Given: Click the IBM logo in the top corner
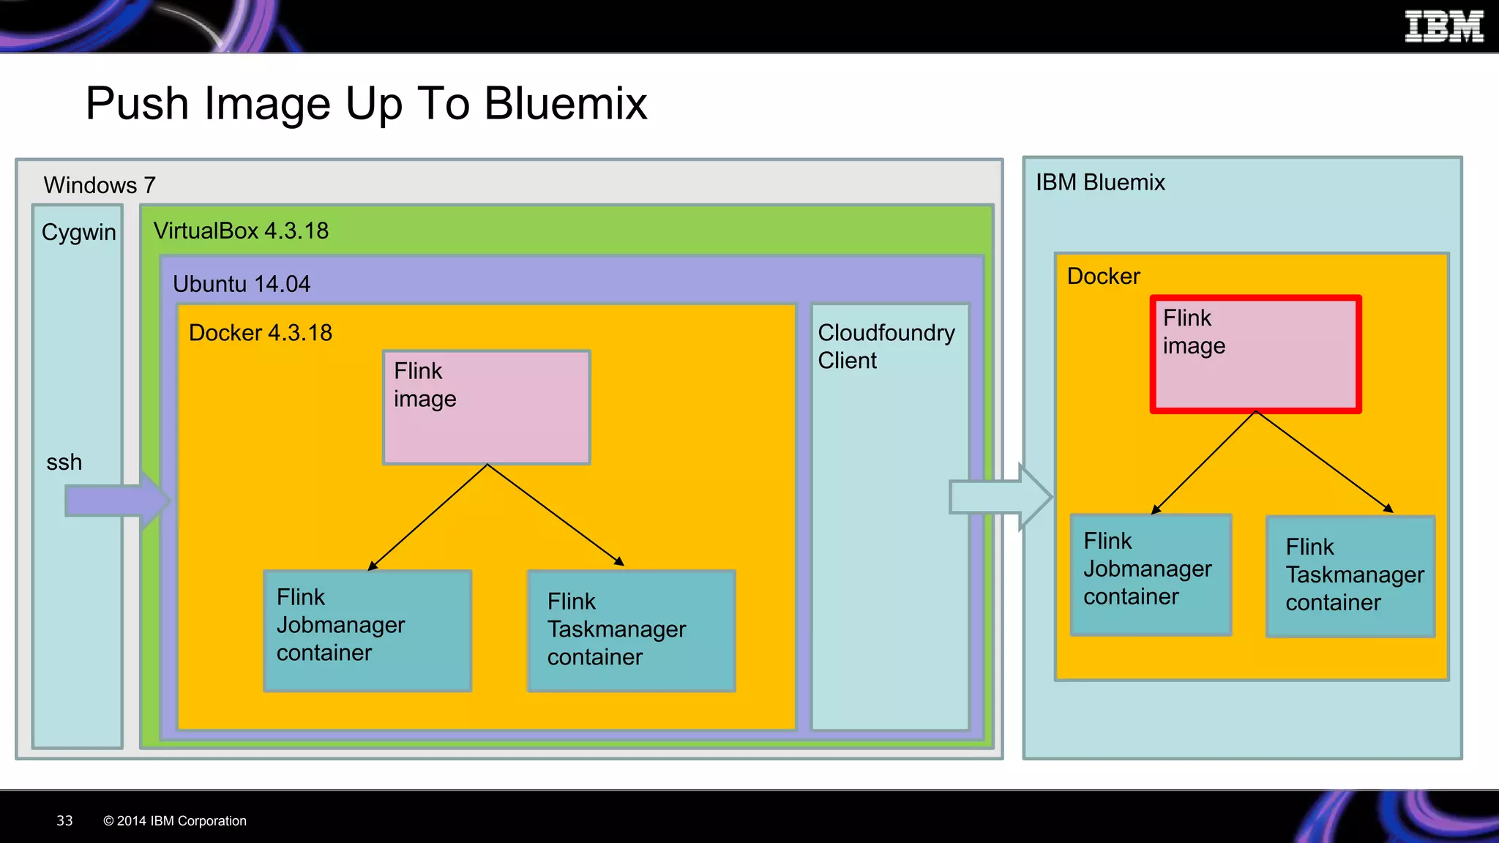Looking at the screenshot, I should coord(1443,26).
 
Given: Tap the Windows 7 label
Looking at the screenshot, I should coord(99,185).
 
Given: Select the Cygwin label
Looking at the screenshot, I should coord(78,232).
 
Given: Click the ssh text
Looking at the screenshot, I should coord(64,462).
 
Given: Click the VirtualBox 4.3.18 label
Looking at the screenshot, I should coord(241,231).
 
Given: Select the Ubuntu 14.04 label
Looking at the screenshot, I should coord(241,284).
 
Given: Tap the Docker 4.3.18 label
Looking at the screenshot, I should coord(260,333).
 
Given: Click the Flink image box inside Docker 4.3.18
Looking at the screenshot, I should coord(487,408).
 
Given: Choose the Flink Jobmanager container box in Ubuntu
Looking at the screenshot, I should coord(367,630).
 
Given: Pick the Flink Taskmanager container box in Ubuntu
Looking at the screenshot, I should coord(631,630).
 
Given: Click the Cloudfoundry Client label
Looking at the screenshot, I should coord(886,346).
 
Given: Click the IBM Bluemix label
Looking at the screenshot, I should coord(1099,182).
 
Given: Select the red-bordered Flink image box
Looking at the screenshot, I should coord(1255,355).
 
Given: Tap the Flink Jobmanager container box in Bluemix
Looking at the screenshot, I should coord(1151,574).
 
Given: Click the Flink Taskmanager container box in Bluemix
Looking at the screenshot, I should coord(1350,577).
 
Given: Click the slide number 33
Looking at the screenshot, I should coord(64,820).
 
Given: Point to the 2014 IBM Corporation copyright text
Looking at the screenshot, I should coord(175,821).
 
